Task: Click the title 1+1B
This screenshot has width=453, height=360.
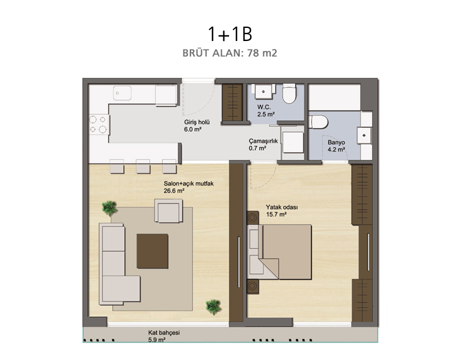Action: [x=230, y=34]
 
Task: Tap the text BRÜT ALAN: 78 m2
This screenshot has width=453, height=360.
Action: [x=230, y=53]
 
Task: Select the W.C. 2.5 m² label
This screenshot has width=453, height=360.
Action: [x=266, y=111]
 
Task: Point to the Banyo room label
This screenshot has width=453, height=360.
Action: [x=336, y=146]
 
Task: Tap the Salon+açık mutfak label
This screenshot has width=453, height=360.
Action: [x=189, y=187]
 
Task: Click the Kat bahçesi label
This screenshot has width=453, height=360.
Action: [x=164, y=336]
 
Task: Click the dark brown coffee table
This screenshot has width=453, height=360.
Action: [x=152, y=251]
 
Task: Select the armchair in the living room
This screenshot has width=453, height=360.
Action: [x=169, y=211]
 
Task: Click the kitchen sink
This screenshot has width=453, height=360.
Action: [x=122, y=93]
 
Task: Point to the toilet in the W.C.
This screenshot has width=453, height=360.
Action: [x=289, y=93]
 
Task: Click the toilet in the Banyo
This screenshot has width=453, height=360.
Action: [x=319, y=122]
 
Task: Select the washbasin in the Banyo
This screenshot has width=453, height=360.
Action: [x=364, y=136]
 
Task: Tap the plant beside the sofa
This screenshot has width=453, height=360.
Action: [x=110, y=208]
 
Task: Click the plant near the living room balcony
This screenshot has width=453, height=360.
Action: [x=214, y=307]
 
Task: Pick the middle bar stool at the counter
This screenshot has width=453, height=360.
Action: [x=142, y=166]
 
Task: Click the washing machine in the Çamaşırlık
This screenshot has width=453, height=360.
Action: [x=293, y=142]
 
